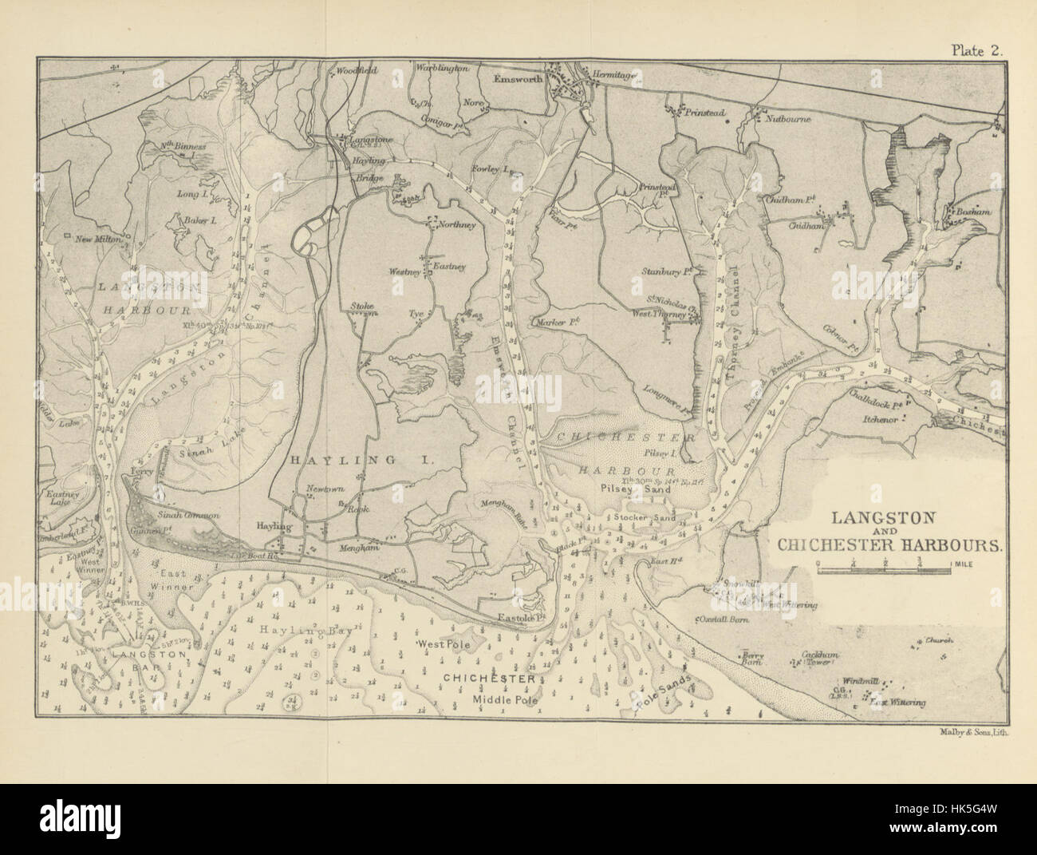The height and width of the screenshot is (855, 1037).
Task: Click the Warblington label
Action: pyautogui.click(x=441, y=69)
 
